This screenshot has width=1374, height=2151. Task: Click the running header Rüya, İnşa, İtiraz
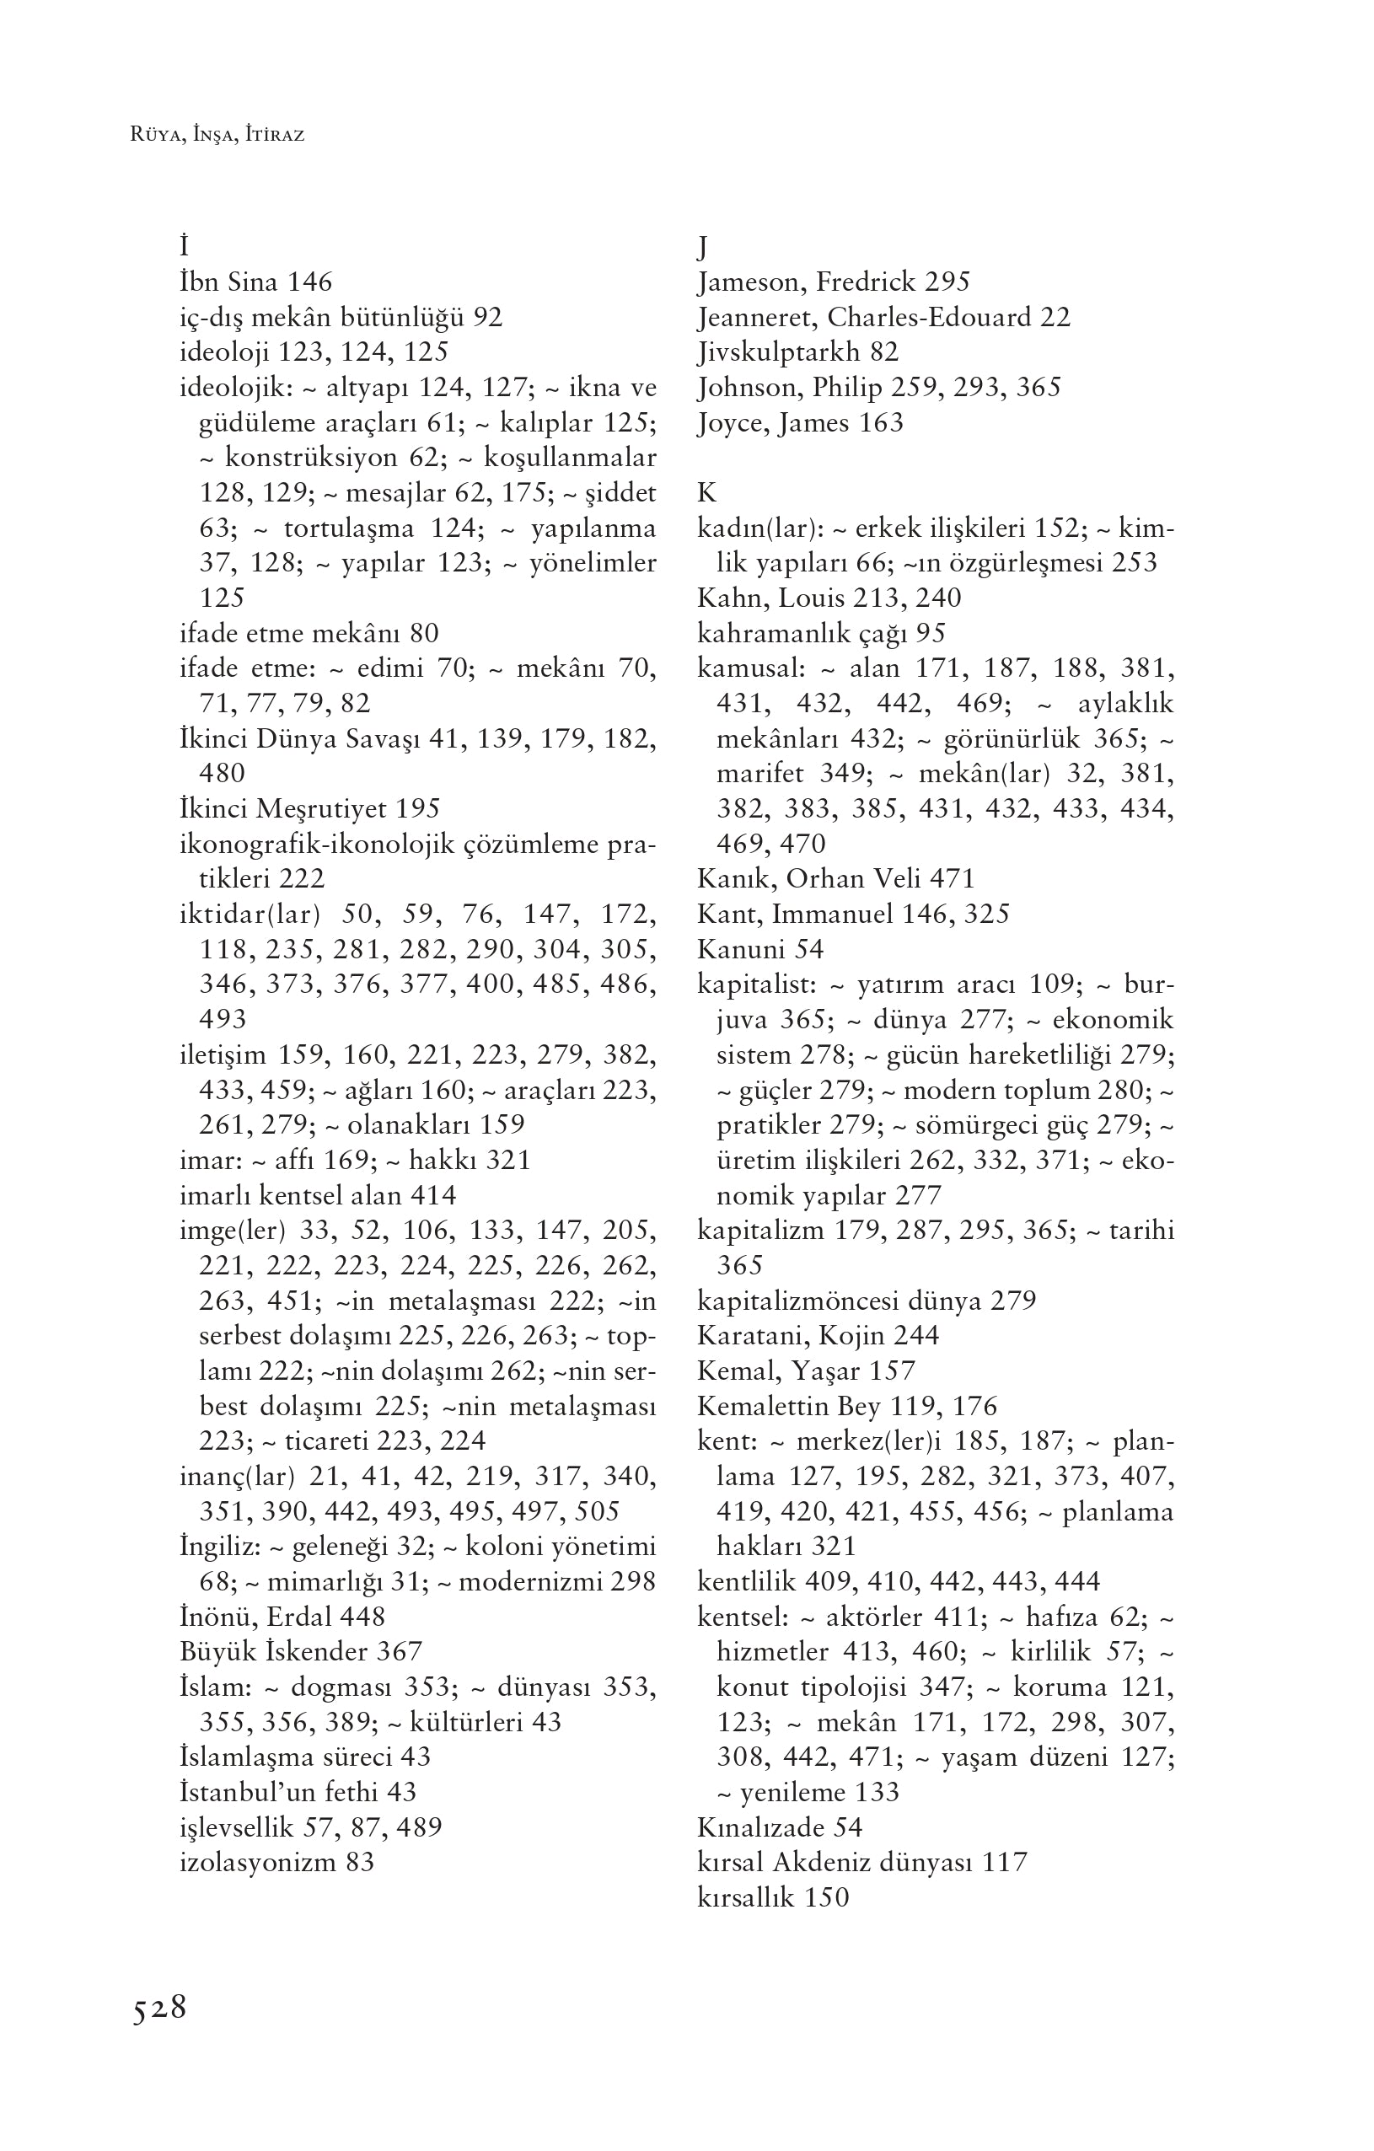217,136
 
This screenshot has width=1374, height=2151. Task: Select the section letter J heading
703,248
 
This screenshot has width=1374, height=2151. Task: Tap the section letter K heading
706,493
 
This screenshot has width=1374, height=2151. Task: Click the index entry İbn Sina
229,282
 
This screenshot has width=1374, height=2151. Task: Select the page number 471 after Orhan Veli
952,879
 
